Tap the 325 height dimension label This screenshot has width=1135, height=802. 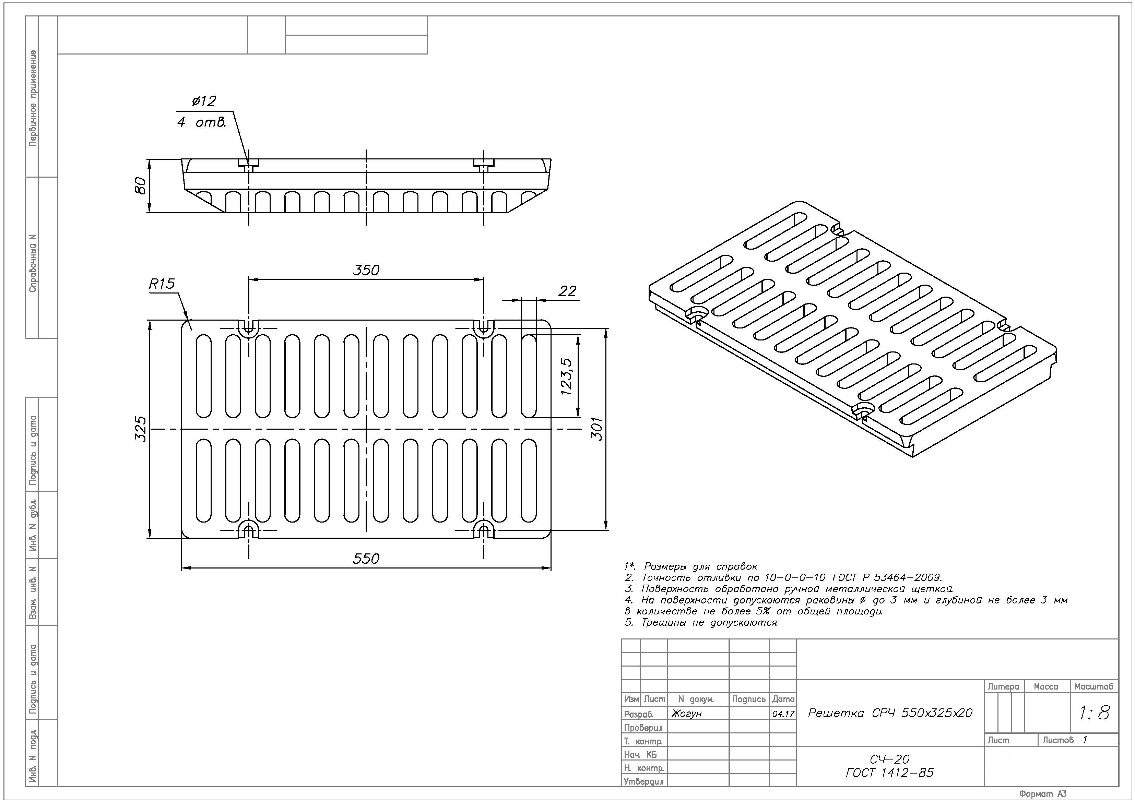pyautogui.click(x=141, y=429)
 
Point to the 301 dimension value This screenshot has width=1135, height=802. pyautogui.click(x=598, y=429)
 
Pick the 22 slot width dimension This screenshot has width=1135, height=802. pyautogui.click(x=567, y=291)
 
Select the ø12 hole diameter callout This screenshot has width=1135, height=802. pyautogui.click(x=204, y=101)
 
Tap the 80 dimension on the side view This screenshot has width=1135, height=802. pyautogui.click(x=141, y=186)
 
